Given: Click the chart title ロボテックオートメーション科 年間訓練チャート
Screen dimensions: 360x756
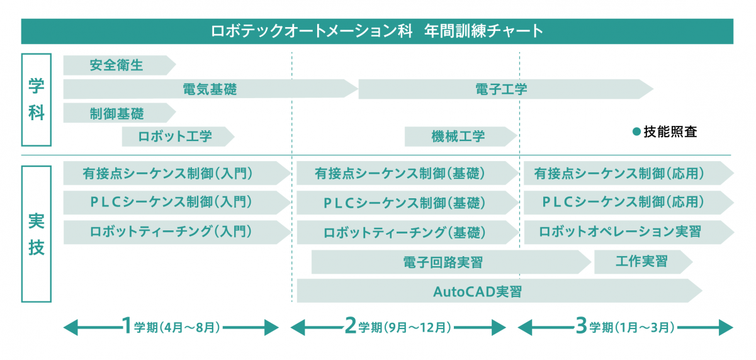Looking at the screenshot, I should point(377,31).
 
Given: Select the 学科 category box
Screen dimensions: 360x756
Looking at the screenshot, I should point(36,99).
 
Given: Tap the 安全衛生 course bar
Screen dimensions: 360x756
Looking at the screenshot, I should point(117,65).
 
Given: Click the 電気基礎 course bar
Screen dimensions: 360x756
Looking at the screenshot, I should point(210,89).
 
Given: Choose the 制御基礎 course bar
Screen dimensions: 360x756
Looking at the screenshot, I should point(117,113).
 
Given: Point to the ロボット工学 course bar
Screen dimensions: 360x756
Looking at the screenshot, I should point(176,137).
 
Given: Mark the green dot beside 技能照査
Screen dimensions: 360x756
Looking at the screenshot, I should point(636,132).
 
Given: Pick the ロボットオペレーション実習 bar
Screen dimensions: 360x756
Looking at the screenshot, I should point(621,232).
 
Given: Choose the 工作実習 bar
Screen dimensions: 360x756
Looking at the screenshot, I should point(641,262).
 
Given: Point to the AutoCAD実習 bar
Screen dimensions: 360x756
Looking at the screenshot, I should point(478,291).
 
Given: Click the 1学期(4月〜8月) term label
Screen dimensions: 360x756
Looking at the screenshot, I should point(171,327).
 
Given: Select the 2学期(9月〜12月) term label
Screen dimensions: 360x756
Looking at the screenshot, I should point(398,327).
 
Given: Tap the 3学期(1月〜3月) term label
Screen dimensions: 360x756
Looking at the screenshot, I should point(625,327).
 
